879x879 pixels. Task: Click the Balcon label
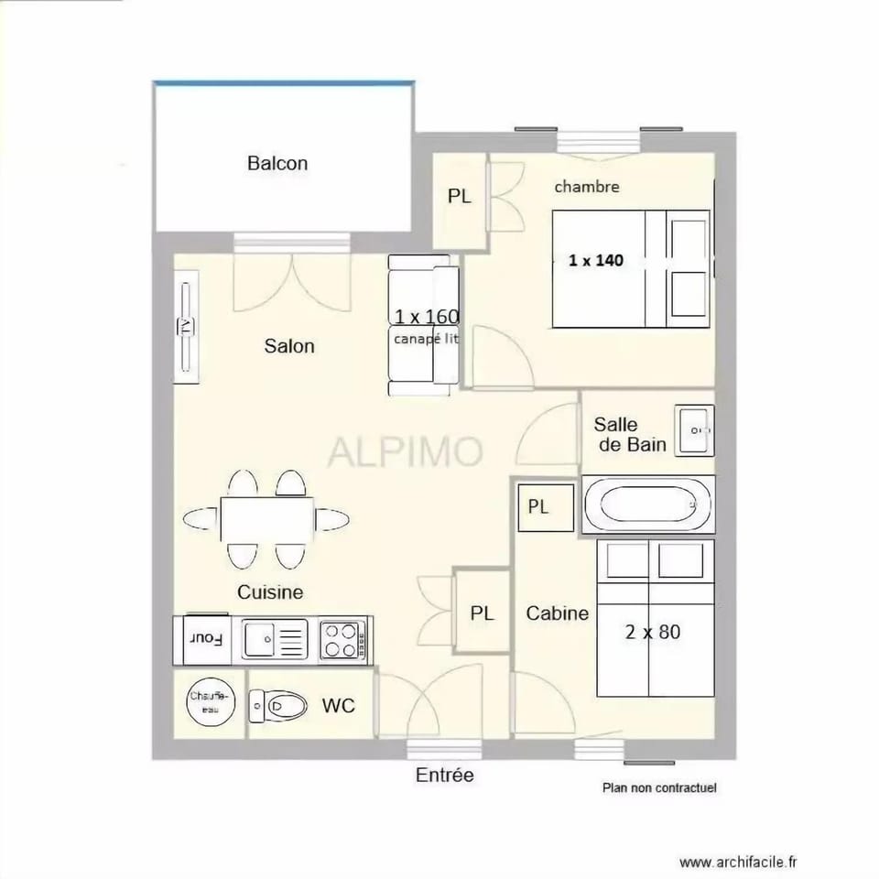(x=277, y=164)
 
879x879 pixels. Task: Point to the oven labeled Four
(x=206, y=639)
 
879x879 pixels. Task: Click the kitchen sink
(x=275, y=638)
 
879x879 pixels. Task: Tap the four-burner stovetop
(x=342, y=639)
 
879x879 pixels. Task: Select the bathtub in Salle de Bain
(x=647, y=504)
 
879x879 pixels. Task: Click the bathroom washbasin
(x=694, y=429)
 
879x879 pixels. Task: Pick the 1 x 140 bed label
(x=595, y=260)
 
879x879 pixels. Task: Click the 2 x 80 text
(x=653, y=632)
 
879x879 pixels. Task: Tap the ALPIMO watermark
(x=406, y=451)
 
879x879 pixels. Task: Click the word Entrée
(x=445, y=776)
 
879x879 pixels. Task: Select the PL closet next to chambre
(x=459, y=196)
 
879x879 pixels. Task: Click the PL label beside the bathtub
(x=538, y=507)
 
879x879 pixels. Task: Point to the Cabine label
(x=557, y=613)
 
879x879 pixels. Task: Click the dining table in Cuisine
(x=266, y=519)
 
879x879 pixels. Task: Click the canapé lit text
(x=426, y=339)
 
